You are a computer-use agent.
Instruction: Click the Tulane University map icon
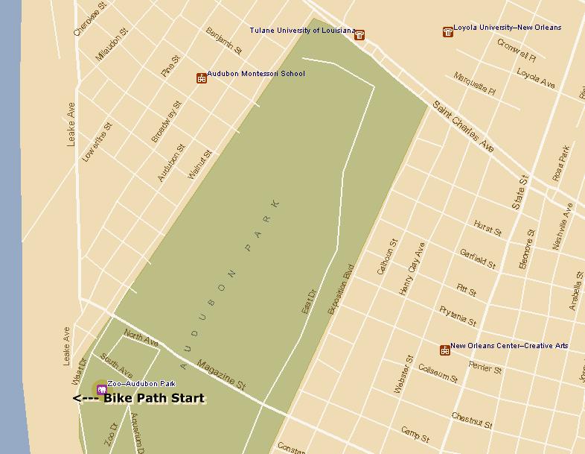point(359,34)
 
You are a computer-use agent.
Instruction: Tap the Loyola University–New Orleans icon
point(447,31)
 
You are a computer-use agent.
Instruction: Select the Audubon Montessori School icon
point(201,78)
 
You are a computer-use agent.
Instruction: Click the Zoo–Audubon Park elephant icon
point(101,388)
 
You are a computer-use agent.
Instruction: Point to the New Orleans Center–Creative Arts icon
point(444,350)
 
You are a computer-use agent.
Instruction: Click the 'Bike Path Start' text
point(153,398)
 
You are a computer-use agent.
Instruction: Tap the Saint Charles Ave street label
point(464,127)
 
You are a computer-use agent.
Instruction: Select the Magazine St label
point(221,374)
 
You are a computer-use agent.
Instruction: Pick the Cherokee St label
point(86,19)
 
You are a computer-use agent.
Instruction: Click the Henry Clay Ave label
point(411,269)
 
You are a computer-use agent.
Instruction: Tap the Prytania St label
point(458,315)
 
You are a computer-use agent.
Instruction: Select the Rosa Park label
point(560,163)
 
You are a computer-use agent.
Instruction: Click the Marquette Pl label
point(474,83)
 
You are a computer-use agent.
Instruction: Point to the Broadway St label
point(166,122)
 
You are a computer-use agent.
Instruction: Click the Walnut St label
point(200,164)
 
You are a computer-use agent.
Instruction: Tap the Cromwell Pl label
point(517,50)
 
